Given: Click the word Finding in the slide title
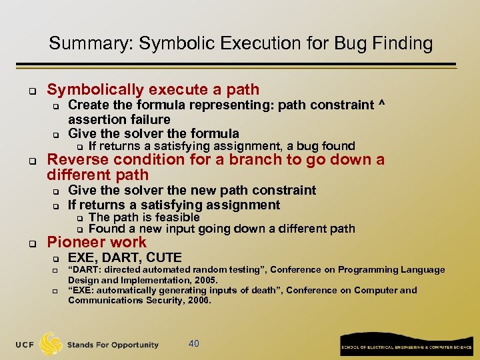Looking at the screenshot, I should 403,44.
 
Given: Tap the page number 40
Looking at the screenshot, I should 194,343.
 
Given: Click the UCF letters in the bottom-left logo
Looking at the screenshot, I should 23,345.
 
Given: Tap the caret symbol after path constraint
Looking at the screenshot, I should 382,105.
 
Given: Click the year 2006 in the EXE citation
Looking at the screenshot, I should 198,301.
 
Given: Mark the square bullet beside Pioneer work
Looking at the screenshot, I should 31,243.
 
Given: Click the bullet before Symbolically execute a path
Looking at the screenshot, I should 31,89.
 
